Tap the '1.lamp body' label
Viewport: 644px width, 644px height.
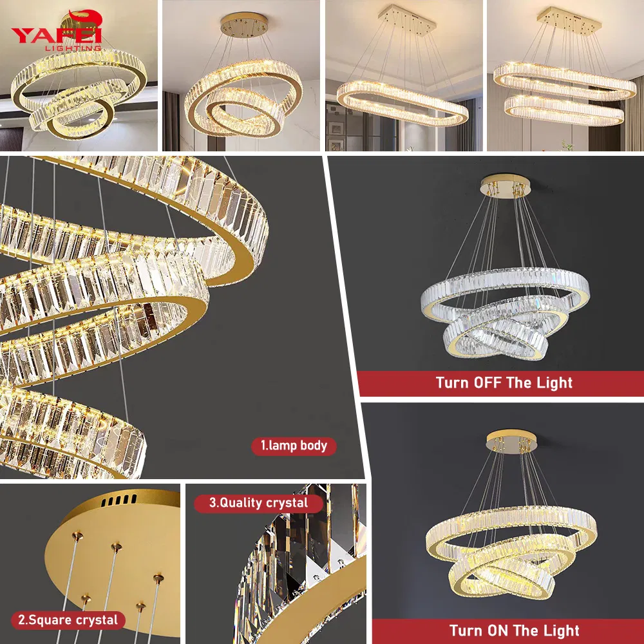(294, 446)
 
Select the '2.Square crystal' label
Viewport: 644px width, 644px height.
(68, 620)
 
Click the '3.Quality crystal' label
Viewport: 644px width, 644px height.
(259, 503)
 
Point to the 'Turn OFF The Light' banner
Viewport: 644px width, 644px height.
(504, 383)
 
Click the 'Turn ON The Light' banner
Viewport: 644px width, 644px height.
(514, 630)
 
